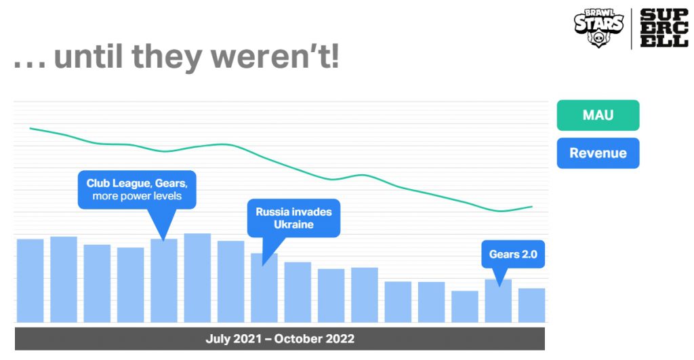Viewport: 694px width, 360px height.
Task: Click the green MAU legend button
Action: click(x=598, y=115)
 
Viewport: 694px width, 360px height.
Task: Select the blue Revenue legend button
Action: click(x=598, y=153)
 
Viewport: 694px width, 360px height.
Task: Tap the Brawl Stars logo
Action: click(x=599, y=27)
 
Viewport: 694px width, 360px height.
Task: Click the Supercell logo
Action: click(x=664, y=28)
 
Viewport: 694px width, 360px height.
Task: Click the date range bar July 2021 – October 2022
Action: click(x=280, y=339)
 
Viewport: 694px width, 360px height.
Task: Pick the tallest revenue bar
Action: click(x=197, y=278)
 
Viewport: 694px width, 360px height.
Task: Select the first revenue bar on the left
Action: click(x=30, y=281)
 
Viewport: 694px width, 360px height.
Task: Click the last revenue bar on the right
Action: click(x=531, y=305)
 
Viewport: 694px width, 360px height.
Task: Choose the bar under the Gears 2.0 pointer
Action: click(x=498, y=300)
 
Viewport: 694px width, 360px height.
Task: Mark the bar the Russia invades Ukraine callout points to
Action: click(x=264, y=288)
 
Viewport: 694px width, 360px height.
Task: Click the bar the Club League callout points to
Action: click(x=164, y=281)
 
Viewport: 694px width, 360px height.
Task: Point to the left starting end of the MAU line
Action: click(x=30, y=128)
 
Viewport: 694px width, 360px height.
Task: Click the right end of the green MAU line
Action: click(x=531, y=206)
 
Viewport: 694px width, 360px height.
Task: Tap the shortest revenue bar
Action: click(x=465, y=306)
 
